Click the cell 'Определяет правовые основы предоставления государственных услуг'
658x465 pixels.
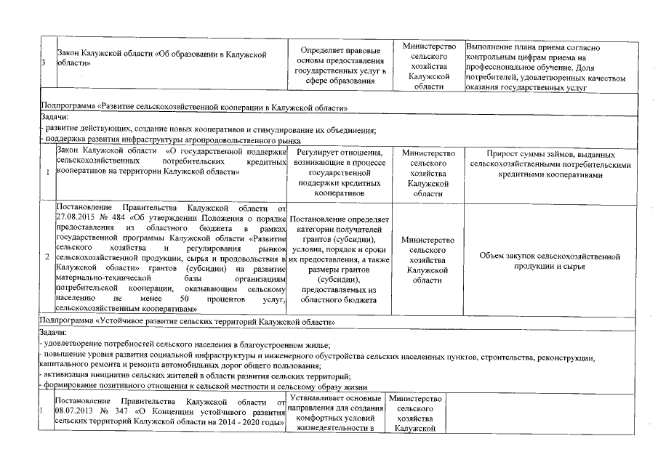pos(336,67)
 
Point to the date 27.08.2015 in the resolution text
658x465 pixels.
pos(73,217)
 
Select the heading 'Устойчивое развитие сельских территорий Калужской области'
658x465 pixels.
pos(190,320)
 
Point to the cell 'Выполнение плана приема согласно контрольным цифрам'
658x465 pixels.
pos(551,68)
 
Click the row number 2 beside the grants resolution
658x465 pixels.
pos(47,258)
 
